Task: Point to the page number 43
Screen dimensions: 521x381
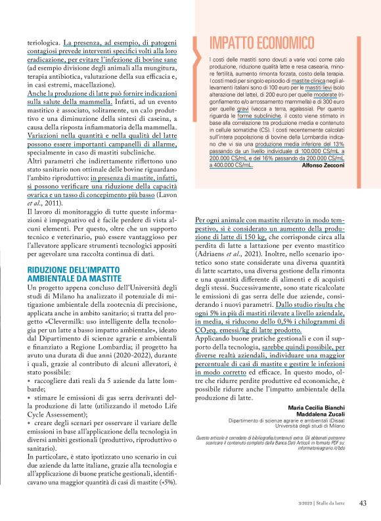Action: pos(362,503)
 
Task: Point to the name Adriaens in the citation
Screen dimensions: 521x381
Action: pos(214,254)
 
